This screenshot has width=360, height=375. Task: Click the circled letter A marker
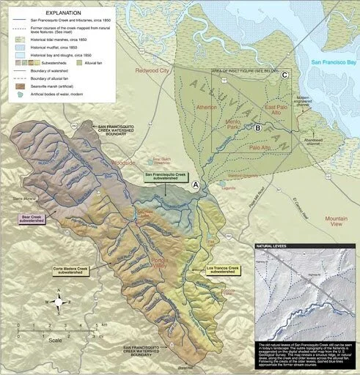coord(195,185)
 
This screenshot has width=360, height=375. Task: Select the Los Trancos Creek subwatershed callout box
coord(224,270)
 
